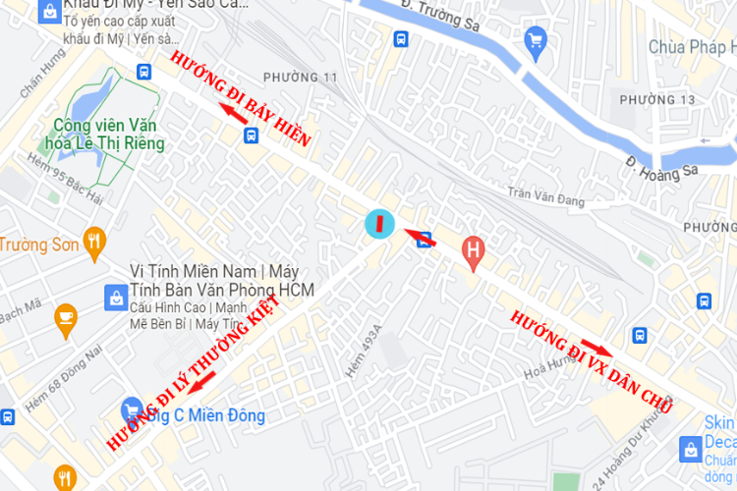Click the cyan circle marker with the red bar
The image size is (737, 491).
pyautogui.click(x=379, y=223)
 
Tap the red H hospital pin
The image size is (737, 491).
pyautogui.click(x=474, y=251)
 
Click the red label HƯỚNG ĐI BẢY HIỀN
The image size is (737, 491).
pyautogui.click(x=240, y=100)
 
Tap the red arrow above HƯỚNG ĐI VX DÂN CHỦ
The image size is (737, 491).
pyautogui.click(x=596, y=347)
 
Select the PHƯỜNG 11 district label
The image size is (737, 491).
pyautogui.click(x=308, y=77)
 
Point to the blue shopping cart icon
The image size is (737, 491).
pyautogui.click(x=536, y=40)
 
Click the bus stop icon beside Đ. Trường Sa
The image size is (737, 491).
pyautogui.click(x=401, y=39)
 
